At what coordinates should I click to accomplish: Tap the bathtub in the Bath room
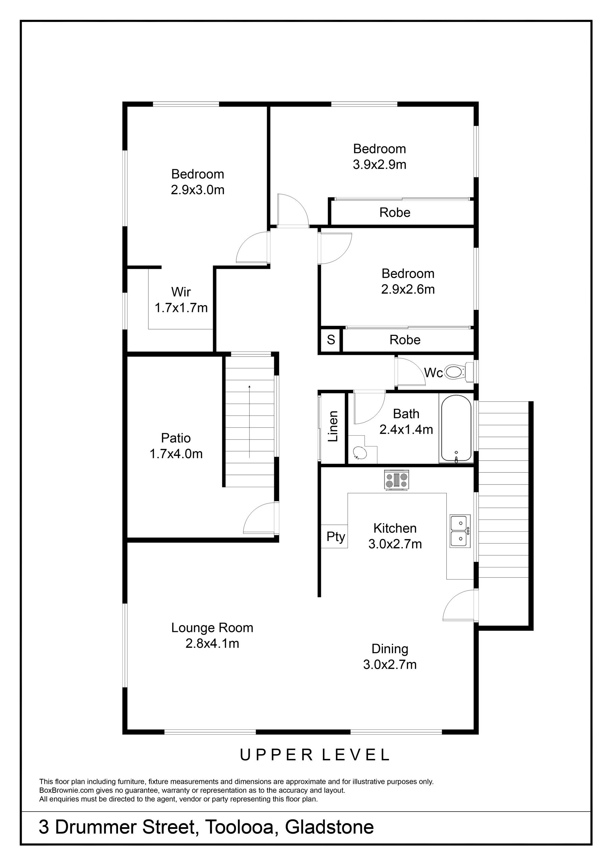[456, 428]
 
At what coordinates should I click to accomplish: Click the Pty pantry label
[336, 537]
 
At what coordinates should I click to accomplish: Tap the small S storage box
[331, 340]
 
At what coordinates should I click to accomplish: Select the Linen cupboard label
[333, 426]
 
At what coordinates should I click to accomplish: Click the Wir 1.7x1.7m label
[181, 300]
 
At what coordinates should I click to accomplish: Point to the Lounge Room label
[212, 628]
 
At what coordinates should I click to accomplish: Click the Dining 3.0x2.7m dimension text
[390, 664]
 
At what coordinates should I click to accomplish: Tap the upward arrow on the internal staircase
[249, 421]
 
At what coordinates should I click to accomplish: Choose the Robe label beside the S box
[405, 340]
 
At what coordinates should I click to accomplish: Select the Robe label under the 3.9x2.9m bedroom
[395, 213]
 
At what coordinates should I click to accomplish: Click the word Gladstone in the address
[330, 827]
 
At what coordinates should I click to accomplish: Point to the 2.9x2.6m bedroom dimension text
[408, 289]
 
